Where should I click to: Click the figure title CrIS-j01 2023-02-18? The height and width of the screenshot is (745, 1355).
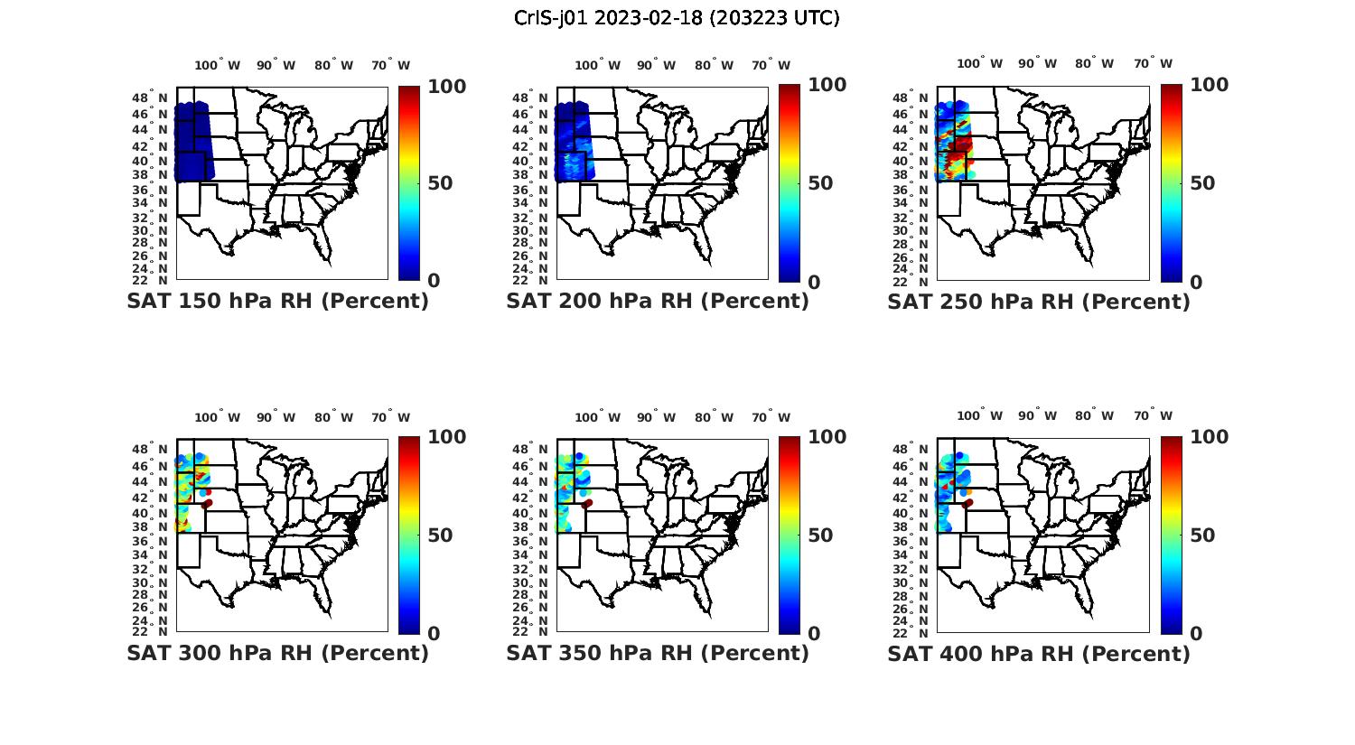pos(677,18)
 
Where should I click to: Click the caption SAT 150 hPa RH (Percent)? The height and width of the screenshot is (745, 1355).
pos(277,302)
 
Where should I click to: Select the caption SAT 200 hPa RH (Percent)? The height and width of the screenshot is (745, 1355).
pos(658,302)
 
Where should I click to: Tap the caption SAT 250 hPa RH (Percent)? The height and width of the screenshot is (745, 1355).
pos(1039,302)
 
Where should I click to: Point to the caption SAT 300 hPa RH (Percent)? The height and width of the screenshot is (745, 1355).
pos(277,653)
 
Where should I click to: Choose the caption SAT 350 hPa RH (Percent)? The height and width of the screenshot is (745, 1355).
pos(658,653)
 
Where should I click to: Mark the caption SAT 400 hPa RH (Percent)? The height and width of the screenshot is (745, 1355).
pos(1039,653)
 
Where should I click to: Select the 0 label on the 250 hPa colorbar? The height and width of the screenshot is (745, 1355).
pos(1196,282)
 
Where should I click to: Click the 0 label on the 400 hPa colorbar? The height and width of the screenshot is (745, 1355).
pos(1196,634)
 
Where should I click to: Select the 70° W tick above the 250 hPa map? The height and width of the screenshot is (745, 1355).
pos(1153,64)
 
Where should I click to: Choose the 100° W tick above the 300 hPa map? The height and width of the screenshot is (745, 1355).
pos(218,417)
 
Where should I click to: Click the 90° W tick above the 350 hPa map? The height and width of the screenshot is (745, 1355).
pos(656,417)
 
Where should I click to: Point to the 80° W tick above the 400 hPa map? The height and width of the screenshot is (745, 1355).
pos(1094,416)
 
